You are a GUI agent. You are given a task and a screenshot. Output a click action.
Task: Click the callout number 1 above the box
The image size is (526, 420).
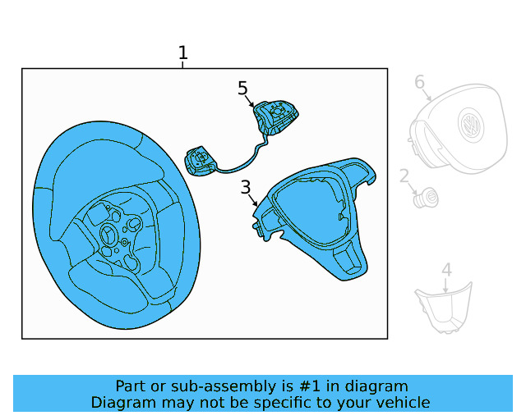[x=182, y=53]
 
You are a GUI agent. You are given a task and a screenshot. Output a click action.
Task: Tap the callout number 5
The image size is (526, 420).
[x=242, y=88]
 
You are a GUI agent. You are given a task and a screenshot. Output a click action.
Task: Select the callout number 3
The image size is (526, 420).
[x=246, y=188]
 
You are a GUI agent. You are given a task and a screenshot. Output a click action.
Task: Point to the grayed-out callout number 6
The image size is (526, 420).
[x=419, y=82]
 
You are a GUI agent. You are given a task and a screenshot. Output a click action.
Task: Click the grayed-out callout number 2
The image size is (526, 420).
[x=404, y=176]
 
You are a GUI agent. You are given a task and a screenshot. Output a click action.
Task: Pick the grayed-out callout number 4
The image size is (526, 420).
[x=446, y=270]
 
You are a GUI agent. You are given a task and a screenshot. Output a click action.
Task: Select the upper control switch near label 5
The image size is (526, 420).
[x=276, y=117]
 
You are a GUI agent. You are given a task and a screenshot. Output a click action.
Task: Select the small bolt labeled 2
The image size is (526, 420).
[x=427, y=198]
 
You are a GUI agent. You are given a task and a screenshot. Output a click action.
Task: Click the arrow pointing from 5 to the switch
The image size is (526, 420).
[x=251, y=101]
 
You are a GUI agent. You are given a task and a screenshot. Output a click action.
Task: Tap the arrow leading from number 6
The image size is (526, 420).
[x=427, y=93]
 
